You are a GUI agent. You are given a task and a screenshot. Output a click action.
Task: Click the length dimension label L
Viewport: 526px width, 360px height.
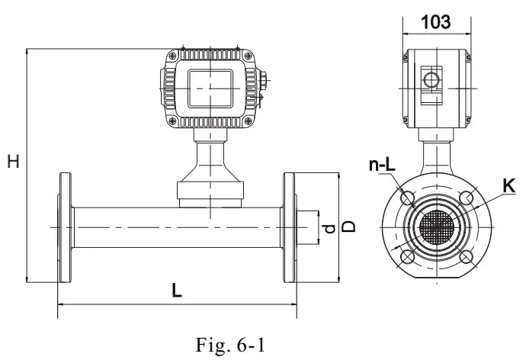pyautogui.click(x=177, y=291)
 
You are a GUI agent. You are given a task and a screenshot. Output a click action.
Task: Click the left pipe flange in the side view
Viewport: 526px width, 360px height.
pyautogui.click(x=63, y=227)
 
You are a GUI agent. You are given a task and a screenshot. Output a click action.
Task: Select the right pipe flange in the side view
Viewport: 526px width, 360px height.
pyautogui.click(x=290, y=227)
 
